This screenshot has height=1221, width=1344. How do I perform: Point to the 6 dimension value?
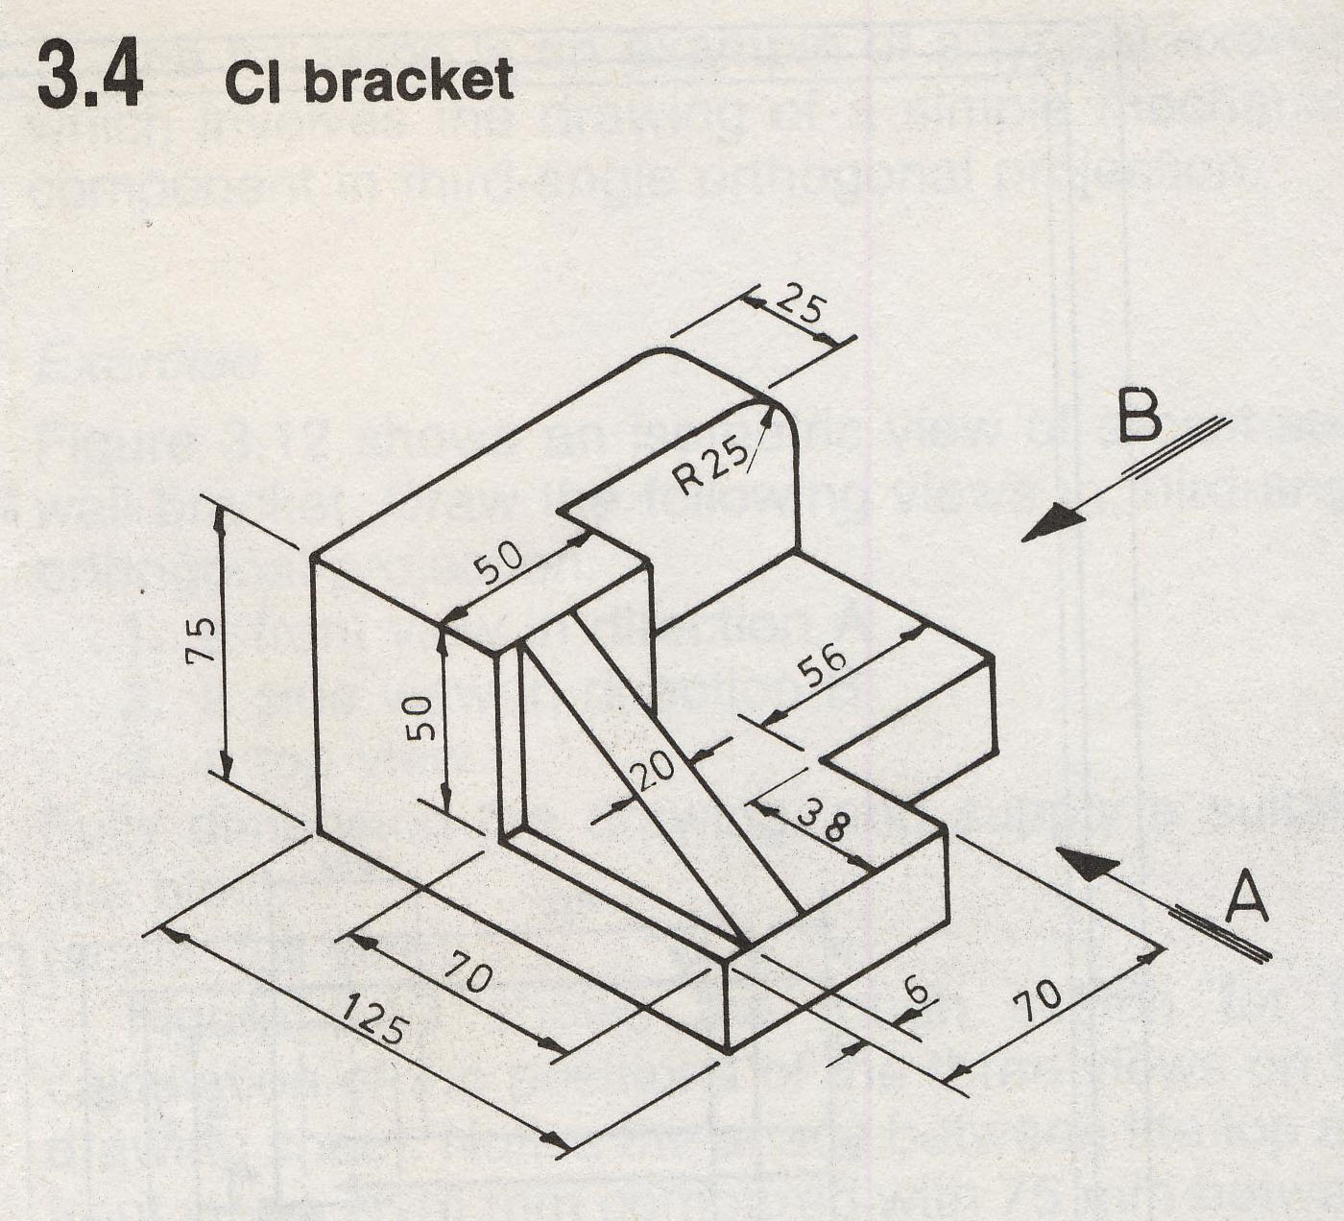(916, 989)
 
